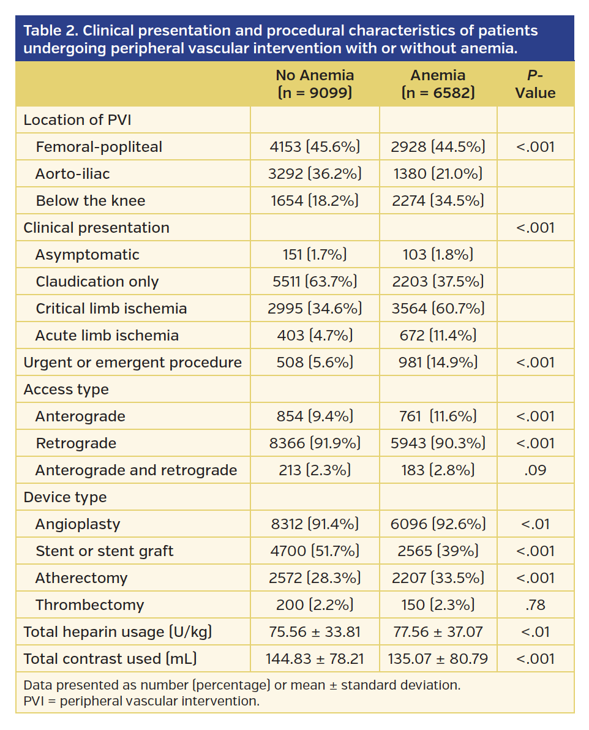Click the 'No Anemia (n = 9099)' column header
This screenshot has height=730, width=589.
coord(315,84)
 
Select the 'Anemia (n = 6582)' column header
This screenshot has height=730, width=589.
coord(438,84)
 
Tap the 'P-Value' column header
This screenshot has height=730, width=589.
coord(535,84)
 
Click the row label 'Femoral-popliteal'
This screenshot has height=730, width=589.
coord(99,147)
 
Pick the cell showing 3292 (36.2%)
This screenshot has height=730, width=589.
coord(315,174)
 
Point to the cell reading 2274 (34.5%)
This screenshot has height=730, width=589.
coord(438,201)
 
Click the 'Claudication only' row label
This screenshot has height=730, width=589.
coord(97,282)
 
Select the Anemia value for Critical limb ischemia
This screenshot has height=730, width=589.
coord(438,309)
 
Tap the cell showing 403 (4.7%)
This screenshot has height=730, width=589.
coord(315,336)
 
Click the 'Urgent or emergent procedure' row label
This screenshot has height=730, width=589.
coord(132,363)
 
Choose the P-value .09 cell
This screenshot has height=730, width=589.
coord(535,470)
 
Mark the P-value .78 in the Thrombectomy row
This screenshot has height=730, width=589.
coord(535,605)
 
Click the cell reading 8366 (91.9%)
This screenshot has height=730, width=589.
coord(315,443)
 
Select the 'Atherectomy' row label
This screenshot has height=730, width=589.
coord(81,578)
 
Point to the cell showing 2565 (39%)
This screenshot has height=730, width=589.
coord(438,551)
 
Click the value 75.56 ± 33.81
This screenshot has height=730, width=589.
coord(315,632)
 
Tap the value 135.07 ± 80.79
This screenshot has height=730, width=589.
coord(438,659)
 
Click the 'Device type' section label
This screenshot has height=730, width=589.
coord(65,497)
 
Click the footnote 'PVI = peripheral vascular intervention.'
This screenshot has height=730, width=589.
coord(141,701)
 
